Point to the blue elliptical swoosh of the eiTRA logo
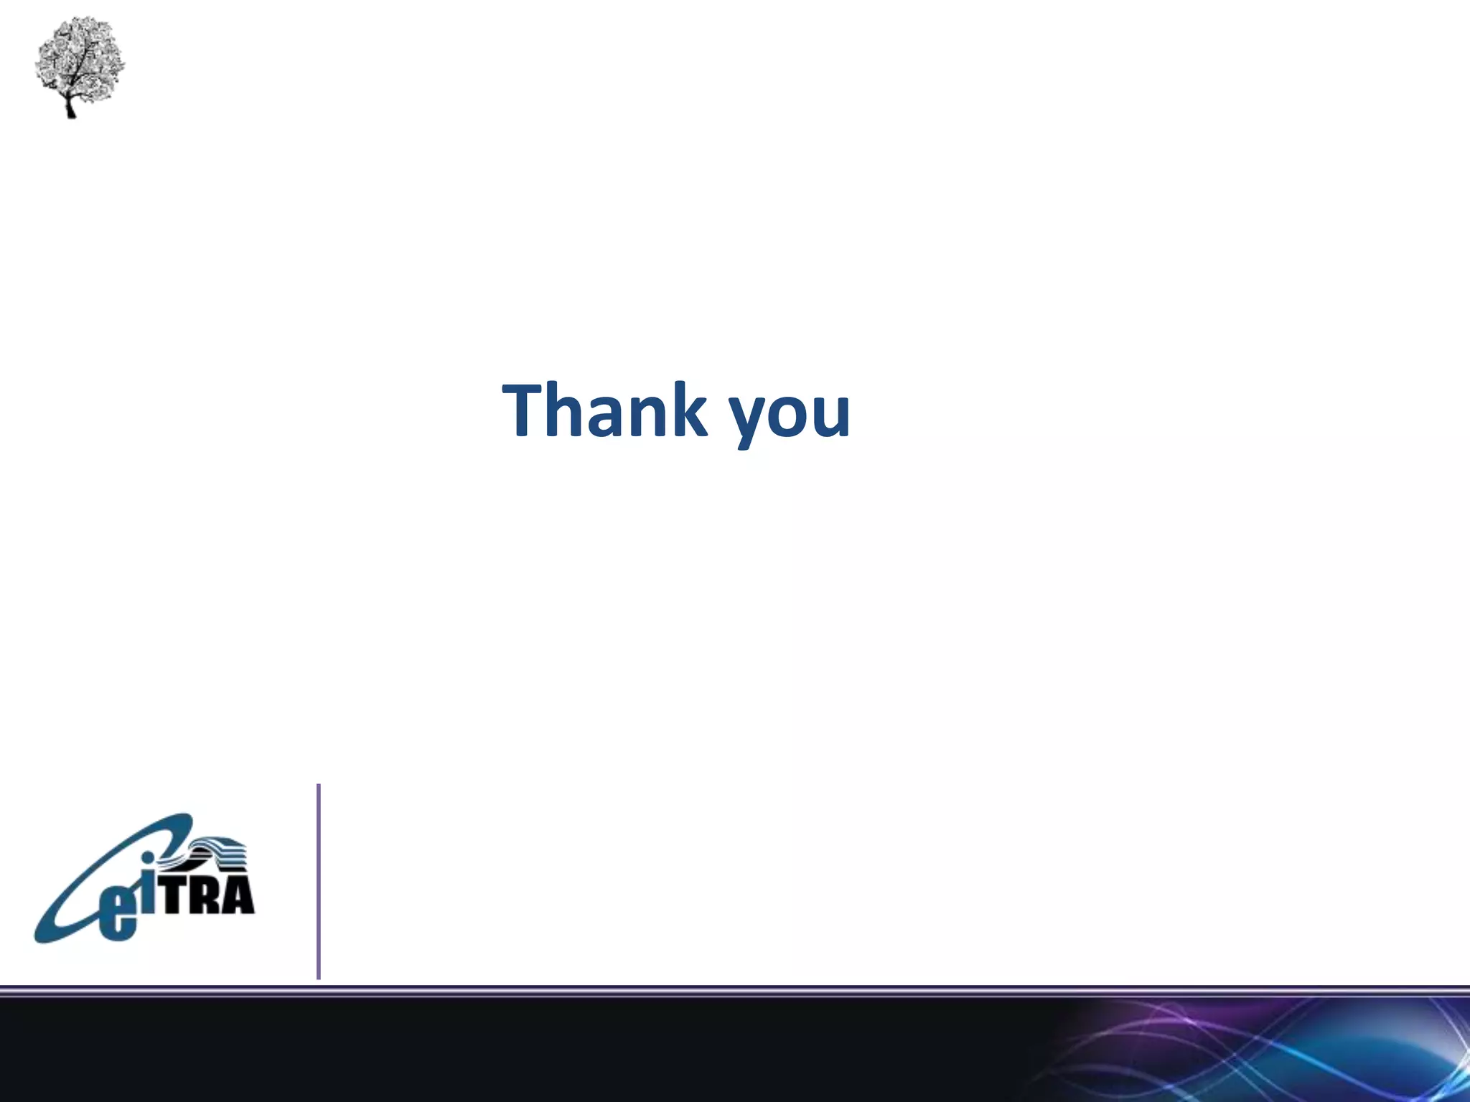72,897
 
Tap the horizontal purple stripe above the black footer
735,991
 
